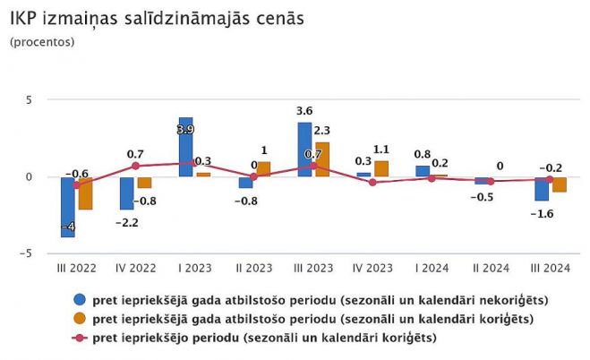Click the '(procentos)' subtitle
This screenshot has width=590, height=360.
pyautogui.click(x=42, y=42)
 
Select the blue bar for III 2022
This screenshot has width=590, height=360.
pyautogui.click(x=68, y=207)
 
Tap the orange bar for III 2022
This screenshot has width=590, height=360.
pyautogui.click(x=85, y=193)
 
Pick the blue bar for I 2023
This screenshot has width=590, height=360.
pyautogui.click(x=186, y=147)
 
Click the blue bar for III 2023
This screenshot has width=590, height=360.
pyautogui.click(x=304, y=150)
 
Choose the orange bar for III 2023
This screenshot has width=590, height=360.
pyautogui.click(x=322, y=159)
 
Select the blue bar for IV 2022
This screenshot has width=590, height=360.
pyautogui.click(x=127, y=193)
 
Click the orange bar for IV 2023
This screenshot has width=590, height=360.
pyautogui.click(x=381, y=168)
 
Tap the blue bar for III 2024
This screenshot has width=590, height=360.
pyautogui.click(x=542, y=189)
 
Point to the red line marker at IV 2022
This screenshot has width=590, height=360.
pyautogui.click(x=135, y=166)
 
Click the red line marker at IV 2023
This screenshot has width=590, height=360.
pyautogui.click(x=372, y=182)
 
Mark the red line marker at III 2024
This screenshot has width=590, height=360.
pyautogui.click(x=550, y=179)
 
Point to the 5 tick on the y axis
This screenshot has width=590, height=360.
pyautogui.click(x=28, y=99)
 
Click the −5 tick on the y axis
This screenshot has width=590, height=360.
pyautogui.click(x=26, y=253)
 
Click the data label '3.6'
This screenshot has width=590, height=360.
pyautogui.click(x=304, y=111)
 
